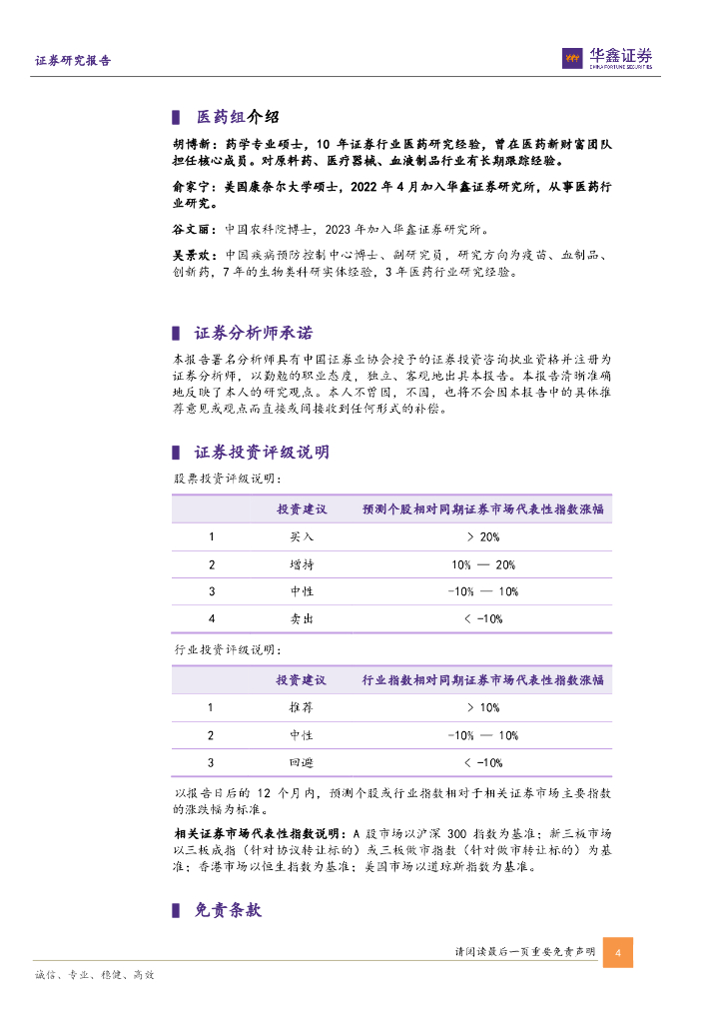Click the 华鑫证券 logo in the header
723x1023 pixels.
pyautogui.click(x=607, y=59)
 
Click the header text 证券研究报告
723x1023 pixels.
pyautogui.click(x=73, y=60)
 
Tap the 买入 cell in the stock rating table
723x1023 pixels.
pyautogui.click(x=301, y=536)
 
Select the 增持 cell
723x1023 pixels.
pyautogui.click(x=301, y=564)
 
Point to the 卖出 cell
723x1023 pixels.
pyautogui.click(x=301, y=619)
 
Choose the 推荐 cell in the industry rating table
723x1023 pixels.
pyautogui.click(x=301, y=707)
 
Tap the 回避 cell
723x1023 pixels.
pyautogui.click(x=301, y=762)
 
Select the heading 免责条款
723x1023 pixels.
pyautogui.click(x=227, y=909)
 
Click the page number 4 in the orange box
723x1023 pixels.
pyautogui.click(x=618, y=952)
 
